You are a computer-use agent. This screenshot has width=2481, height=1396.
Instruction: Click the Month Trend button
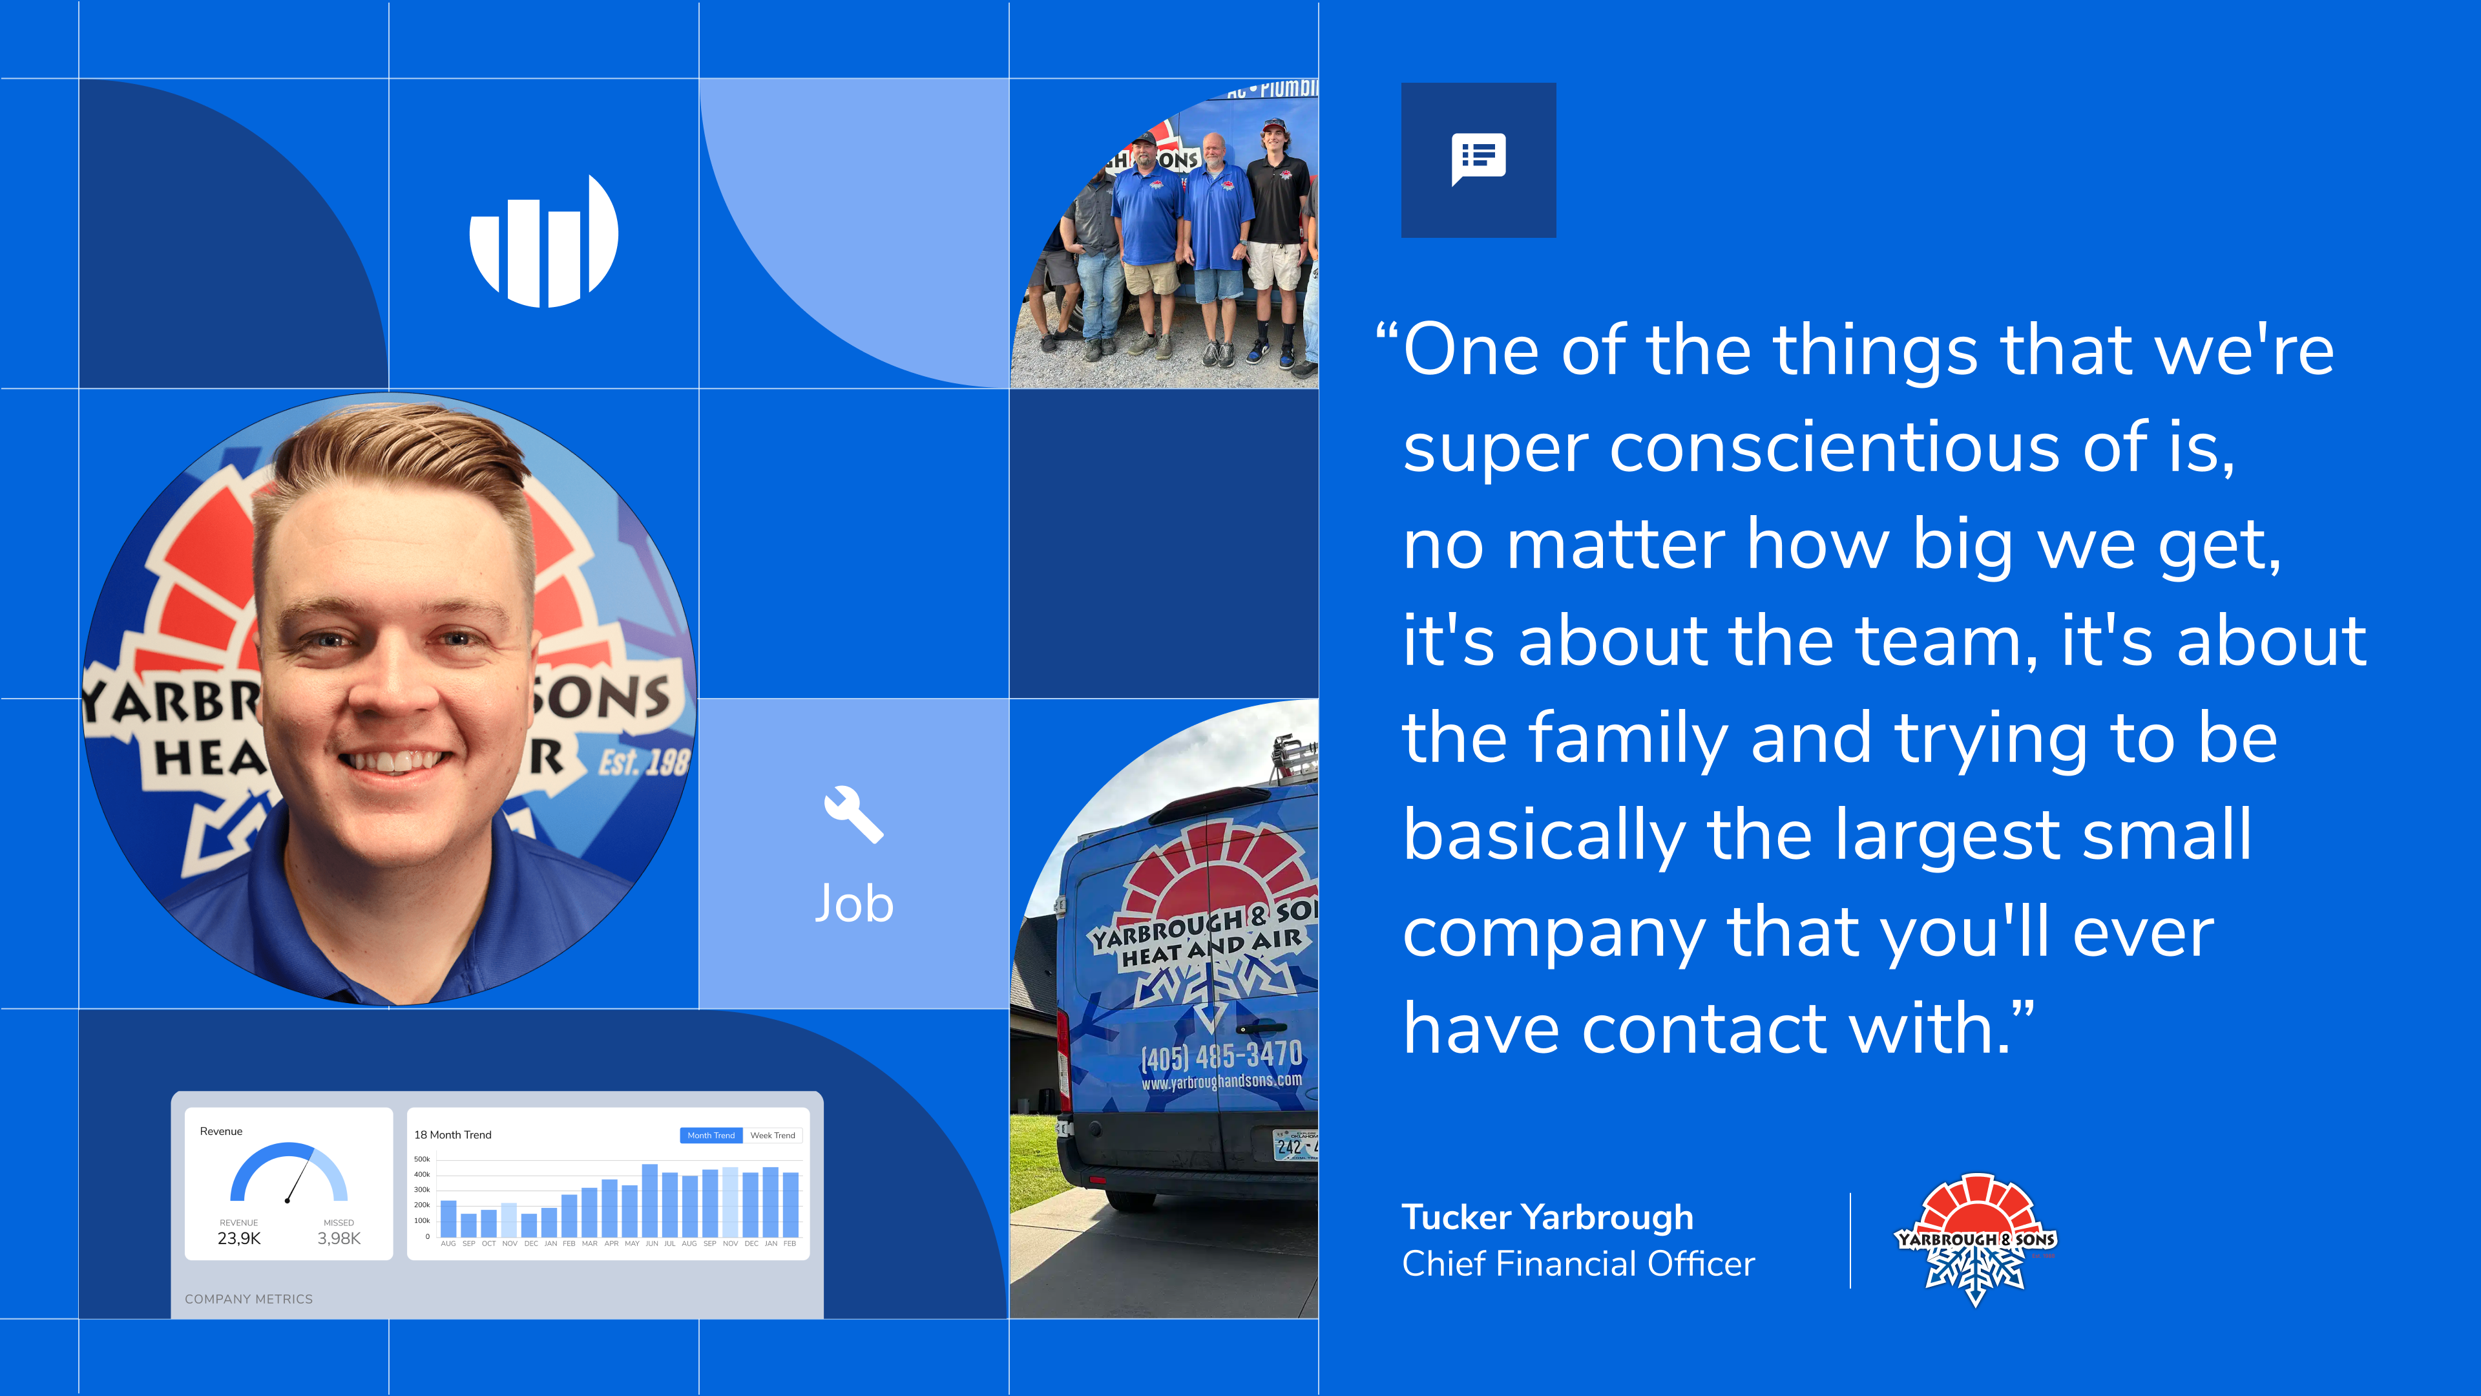tap(711, 1135)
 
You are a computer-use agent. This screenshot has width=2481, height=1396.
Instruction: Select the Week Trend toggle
tap(773, 1135)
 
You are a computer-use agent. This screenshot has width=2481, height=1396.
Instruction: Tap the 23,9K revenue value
tap(239, 1238)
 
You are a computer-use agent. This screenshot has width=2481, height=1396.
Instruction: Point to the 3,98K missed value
tap(339, 1238)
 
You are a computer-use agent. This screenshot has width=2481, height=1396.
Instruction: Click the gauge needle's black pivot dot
tap(287, 1200)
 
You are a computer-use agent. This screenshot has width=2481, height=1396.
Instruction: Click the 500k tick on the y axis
tap(422, 1159)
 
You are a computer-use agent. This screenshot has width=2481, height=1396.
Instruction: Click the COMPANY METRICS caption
tap(249, 1298)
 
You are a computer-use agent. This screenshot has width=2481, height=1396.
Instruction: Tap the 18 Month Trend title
tap(453, 1135)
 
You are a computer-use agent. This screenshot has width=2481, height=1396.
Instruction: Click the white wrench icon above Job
tap(853, 815)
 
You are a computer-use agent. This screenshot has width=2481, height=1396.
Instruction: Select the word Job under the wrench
tap(854, 904)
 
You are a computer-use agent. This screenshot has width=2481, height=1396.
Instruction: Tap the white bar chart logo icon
tap(544, 241)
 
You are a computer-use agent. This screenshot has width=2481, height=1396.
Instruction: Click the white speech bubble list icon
tap(1478, 159)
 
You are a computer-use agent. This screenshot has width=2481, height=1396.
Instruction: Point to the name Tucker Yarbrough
tap(1547, 1217)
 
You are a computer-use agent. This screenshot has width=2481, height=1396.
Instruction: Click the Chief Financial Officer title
tap(1578, 1263)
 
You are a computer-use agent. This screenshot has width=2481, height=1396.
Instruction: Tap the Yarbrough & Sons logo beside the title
tap(1975, 1239)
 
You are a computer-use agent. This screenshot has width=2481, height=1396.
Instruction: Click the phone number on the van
tap(1221, 1055)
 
